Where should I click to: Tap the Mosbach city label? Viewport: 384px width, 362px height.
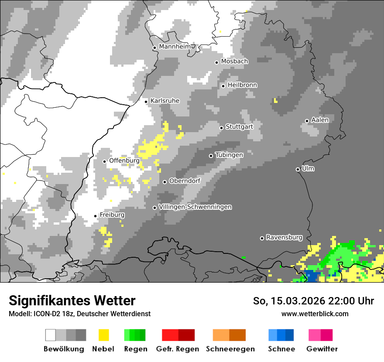[x=234, y=61]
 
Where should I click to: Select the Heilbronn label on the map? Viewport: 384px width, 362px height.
[x=242, y=85]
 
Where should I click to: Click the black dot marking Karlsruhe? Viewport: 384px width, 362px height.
[x=146, y=102]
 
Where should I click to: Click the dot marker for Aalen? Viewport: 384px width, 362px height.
[x=307, y=121]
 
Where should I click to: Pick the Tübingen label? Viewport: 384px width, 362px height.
[x=229, y=155]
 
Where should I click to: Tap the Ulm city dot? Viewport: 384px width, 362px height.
[x=298, y=169]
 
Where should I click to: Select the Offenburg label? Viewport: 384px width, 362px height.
[x=124, y=161]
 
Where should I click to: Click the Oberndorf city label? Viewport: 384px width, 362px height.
[x=185, y=181]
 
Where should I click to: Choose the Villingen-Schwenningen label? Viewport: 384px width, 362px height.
[x=195, y=207]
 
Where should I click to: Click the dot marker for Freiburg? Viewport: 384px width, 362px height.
[x=95, y=216]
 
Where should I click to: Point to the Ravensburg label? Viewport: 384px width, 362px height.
[x=284, y=238]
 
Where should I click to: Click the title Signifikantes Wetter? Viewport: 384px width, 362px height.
[x=72, y=301]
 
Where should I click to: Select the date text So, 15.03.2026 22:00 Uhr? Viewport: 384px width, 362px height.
[x=313, y=301]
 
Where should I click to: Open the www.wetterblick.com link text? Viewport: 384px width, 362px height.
[x=315, y=314]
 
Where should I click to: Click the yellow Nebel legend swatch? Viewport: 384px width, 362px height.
[x=103, y=335]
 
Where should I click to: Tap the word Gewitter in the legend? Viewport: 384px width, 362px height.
[x=322, y=349]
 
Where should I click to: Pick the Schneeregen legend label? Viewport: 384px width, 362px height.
[x=230, y=349]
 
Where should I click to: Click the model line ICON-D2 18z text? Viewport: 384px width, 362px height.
[x=79, y=314]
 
